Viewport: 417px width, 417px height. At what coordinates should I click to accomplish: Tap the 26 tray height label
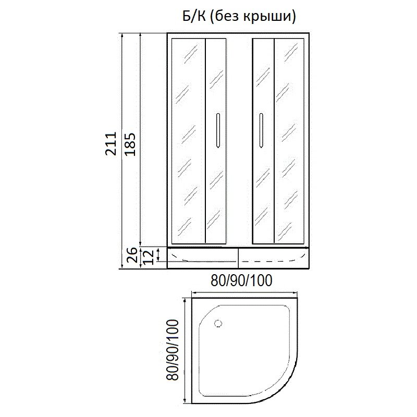tap(132, 255)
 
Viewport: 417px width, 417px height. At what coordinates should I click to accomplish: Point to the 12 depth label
tap(149, 257)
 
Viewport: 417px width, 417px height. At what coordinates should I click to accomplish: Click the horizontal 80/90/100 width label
tap(241, 280)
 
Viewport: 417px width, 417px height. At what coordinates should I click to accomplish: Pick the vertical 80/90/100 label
tap(172, 350)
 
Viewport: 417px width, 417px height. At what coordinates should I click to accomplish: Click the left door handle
tap(218, 130)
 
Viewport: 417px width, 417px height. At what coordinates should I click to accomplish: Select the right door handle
tap(262, 130)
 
